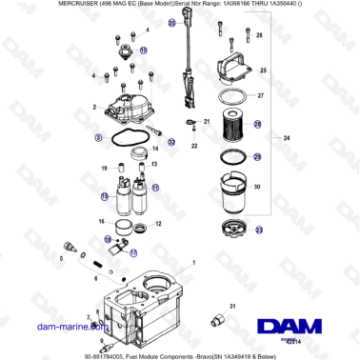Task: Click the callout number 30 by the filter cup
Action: click(256, 189)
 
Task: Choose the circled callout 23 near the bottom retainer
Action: click(260, 230)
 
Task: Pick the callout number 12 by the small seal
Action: click(158, 225)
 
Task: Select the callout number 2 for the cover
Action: click(95, 109)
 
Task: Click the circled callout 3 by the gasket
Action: click(98, 137)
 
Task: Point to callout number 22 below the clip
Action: click(193, 146)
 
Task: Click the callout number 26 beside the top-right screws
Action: click(258, 35)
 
